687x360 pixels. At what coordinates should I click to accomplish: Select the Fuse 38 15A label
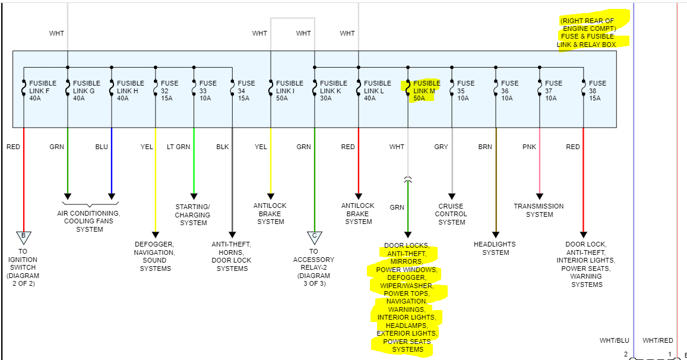point(597,91)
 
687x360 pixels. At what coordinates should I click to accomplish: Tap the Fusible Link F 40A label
point(43,91)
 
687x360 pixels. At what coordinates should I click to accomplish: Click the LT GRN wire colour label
point(178,147)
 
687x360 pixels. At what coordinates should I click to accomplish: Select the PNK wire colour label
point(529,147)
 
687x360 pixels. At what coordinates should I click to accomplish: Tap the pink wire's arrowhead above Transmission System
point(540,195)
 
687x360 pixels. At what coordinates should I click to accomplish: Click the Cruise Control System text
point(452,214)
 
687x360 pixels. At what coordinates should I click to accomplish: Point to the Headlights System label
point(495,248)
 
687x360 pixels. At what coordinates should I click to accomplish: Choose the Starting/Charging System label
point(193,214)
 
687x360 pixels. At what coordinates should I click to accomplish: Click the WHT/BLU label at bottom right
point(614,340)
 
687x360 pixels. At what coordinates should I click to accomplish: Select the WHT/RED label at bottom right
point(658,340)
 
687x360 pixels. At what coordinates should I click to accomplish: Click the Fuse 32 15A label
point(169,91)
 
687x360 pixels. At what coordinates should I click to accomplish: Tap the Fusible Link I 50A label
point(289,91)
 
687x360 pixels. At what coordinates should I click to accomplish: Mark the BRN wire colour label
point(485,147)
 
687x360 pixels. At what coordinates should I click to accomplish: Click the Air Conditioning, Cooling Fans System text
point(89,221)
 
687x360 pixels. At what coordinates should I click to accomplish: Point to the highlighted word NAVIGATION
point(406,302)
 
